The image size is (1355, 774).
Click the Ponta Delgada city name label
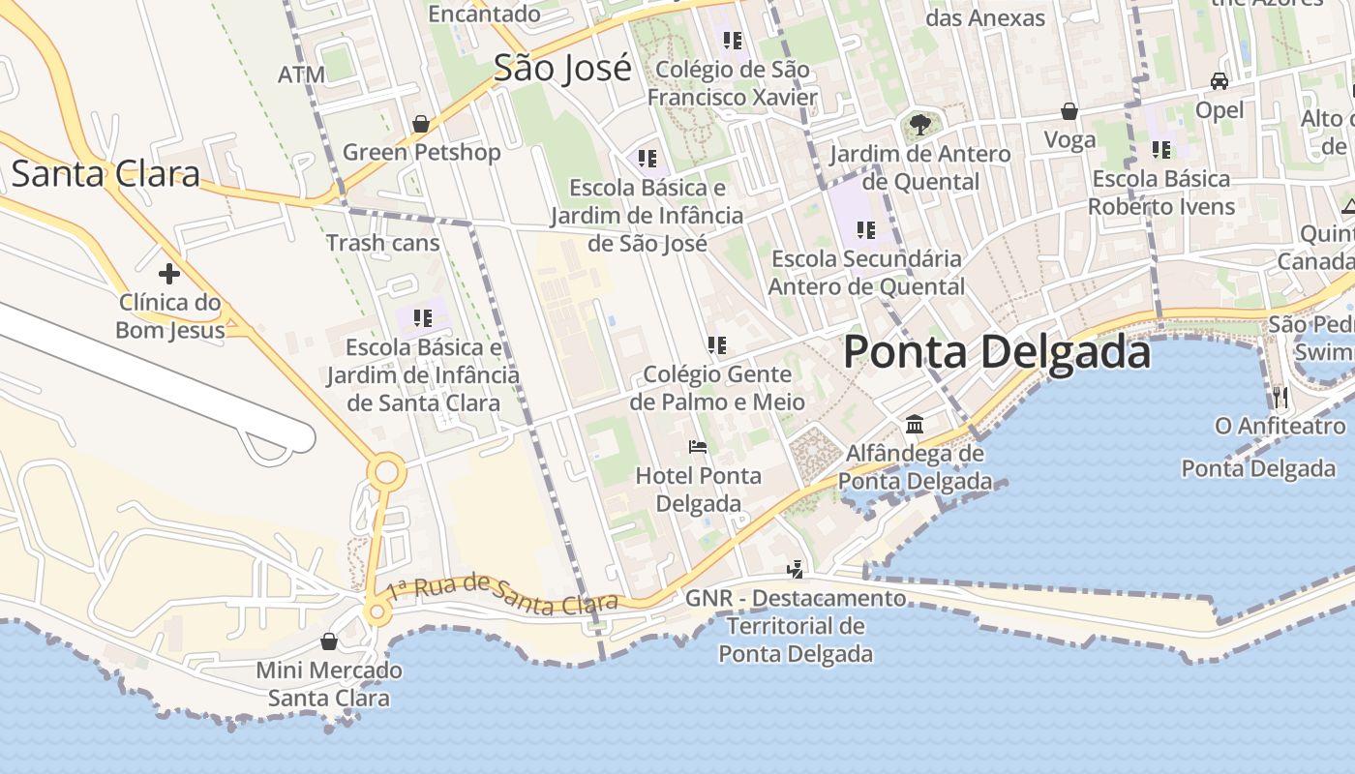click(997, 351)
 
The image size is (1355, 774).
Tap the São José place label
click(562, 68)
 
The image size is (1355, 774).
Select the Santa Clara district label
click(105, 173)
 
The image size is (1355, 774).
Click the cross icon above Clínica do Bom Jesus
click(169, 274)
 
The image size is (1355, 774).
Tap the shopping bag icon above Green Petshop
click(421, 124)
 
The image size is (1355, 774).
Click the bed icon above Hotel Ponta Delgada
click(698, 447)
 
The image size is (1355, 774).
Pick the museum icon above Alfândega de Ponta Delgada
click(915, 424)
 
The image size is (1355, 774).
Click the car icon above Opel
click(1219, 81)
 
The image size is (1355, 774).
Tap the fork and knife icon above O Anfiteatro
click(1280, 397)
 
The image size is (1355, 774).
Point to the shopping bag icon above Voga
click(1069, 111)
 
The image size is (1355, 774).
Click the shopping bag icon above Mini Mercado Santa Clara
click(329, 641)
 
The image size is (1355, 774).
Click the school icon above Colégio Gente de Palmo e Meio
click(717, 344)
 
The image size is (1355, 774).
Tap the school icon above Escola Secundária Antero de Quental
click(866, 230)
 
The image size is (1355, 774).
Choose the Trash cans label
click(383, 243)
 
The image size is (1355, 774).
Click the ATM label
click(301, 74)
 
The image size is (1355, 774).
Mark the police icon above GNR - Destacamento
click(796, 569)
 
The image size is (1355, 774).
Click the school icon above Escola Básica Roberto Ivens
click(1161, 150)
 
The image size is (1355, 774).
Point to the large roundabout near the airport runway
click(387, 473)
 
